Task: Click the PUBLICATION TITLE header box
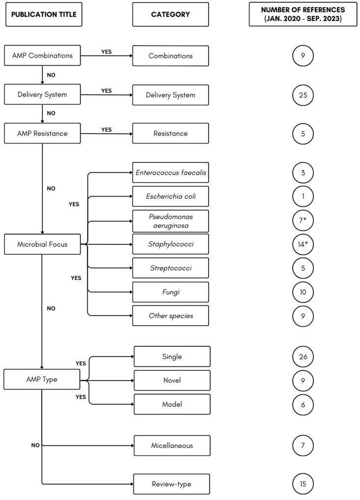[x=43, y=14]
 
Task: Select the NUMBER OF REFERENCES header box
[x=303, y=14]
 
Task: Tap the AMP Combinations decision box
[x=43, y=56]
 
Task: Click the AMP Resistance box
[x=43, y=133]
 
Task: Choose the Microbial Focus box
[x=43, y=244]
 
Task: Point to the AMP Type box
[x=43, y=380]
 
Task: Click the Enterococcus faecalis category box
[x=171, y=172]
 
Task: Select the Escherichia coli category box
[x=171, y=196]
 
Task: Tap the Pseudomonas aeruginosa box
[x=171, y=220]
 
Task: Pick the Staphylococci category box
[x=171, y=244]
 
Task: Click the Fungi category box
[x=171, y=292]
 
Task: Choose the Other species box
[x=171, y=316]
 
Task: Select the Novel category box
[x=172, y=380]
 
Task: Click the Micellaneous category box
[x=172, y=445]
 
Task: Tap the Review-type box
[x=172, y=484]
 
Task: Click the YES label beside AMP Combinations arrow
[x=106, y=51]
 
